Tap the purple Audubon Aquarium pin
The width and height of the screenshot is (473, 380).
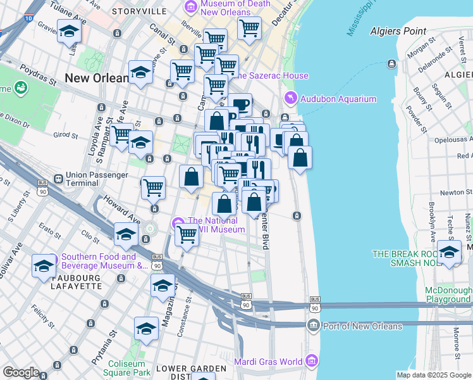290,98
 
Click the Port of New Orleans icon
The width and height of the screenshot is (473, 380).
313,326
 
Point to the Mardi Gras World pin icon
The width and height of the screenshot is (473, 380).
310,362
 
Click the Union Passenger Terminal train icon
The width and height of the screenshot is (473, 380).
58,179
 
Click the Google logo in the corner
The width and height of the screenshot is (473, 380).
21,372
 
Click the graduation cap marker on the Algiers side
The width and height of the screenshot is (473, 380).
449,251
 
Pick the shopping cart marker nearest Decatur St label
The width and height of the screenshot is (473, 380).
250,27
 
